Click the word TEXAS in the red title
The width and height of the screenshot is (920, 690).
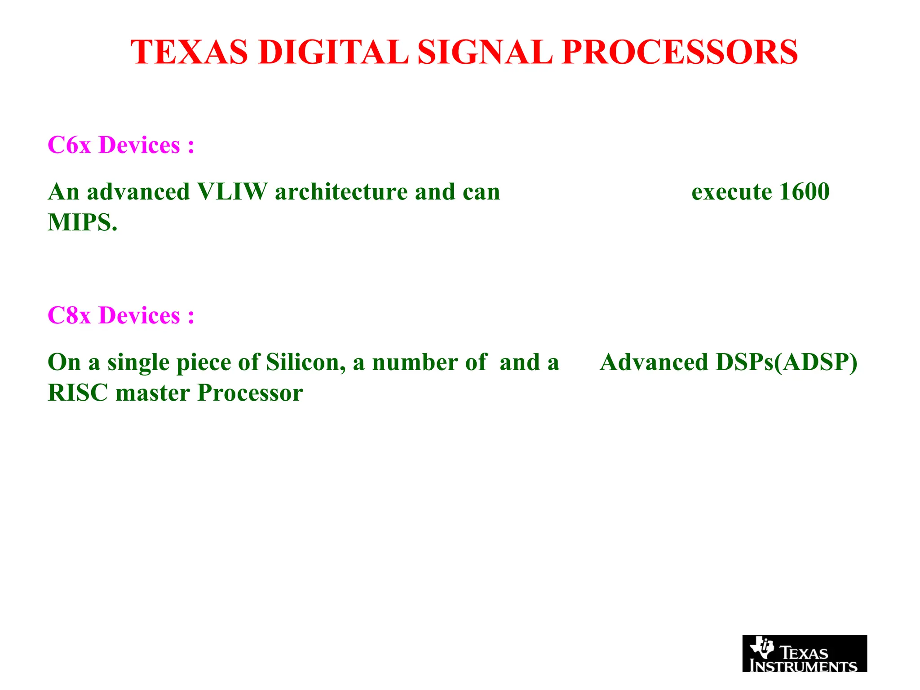(x=189, y=52)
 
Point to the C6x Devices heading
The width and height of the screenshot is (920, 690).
(x=121, y=145)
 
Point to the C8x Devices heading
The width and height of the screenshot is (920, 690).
(x=121, y=315)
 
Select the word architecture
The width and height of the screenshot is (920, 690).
(x=341, y=192)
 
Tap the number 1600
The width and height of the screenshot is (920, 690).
(x=804, y=192)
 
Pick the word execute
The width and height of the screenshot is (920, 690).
(x=731, y=192)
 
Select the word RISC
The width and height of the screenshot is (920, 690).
(x=78, y=393)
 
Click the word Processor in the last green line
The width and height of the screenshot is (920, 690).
(x=250, y=393)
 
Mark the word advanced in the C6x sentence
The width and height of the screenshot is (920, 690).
(x=138, y=192)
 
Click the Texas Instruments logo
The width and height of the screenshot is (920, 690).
(x=804, y=653)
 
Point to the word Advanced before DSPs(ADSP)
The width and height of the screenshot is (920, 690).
(x=654, y=362)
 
